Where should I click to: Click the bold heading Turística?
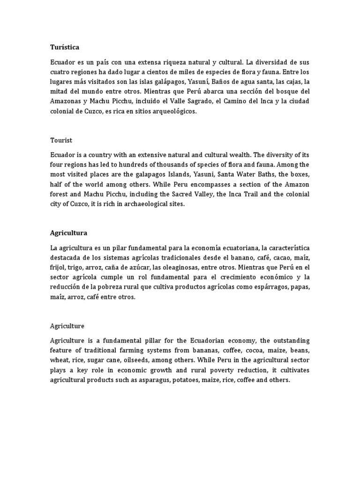pos(65,47)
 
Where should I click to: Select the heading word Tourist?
pos(61,140)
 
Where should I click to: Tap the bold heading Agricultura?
pos(68,232)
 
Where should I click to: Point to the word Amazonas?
pos(67,101)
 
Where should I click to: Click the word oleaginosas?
pos(176,267)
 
